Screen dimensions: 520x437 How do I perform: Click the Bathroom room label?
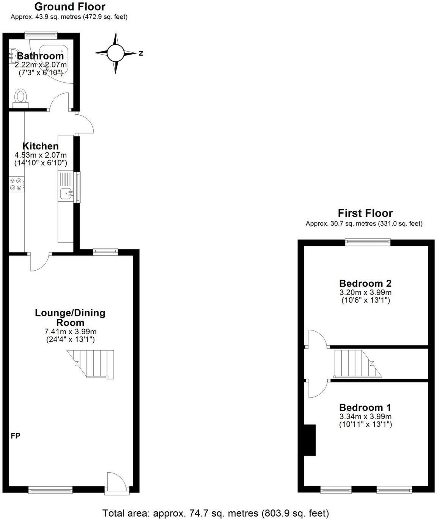(40, 56)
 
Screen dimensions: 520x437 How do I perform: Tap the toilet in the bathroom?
(20, 96)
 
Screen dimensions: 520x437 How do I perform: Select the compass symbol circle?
(115, 53)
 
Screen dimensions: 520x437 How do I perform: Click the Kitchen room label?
(40, 146)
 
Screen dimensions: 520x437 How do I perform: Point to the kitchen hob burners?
(16, 184)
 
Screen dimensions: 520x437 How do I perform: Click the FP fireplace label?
(16, 436)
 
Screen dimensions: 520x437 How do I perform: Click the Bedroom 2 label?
(365, 283)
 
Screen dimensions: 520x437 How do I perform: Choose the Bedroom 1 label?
(365, 407)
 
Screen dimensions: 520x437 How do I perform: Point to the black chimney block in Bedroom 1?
(310, 440)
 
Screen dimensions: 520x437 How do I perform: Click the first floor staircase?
(357, 363)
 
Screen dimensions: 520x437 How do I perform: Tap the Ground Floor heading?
(70, 6)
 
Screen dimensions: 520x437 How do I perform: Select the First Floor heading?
(365, 213)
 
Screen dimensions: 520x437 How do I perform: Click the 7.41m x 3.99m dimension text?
(70, 332)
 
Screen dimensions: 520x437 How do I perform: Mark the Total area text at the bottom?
(216, 513)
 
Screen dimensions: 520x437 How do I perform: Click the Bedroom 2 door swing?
(317, 338)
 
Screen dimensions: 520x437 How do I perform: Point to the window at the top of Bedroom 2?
(368, 241)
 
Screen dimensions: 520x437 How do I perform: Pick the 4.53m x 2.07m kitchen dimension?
(40, 155)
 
